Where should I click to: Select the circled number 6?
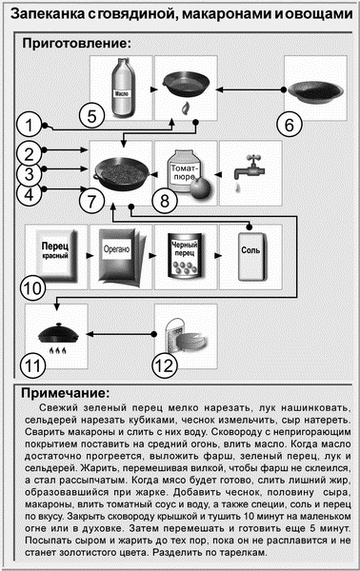[x=292, y=121]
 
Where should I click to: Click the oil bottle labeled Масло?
[x=118, y=84]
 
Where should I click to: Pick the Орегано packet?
[x=119, y=258]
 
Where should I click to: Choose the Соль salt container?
[x=250, y=258]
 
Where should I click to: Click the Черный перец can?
[x=184, y=258]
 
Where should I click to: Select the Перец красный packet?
[x=53, y=258]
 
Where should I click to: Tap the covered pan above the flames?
[x=54, y=333]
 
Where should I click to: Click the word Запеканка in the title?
[x=47, y=12]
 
